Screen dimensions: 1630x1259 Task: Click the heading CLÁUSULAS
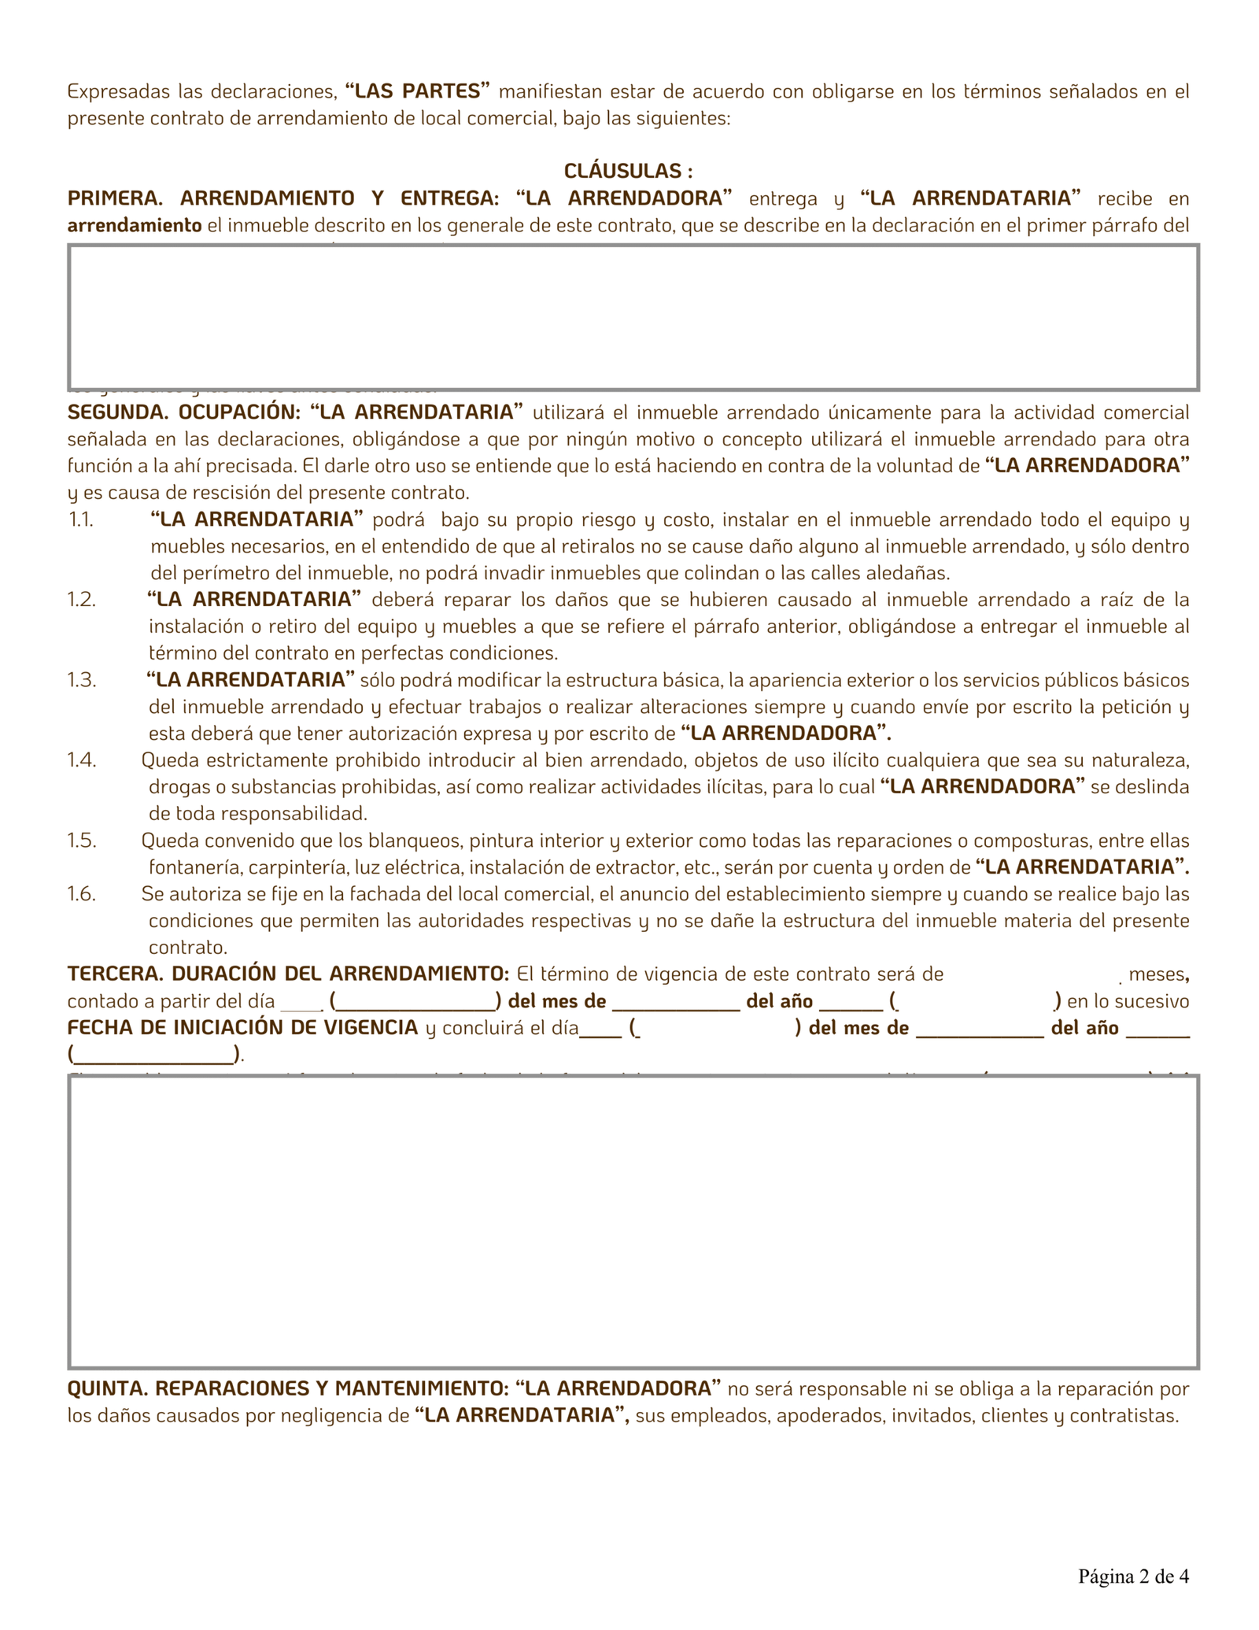[x=628, y=171]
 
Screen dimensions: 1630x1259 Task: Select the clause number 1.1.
[x=80, y=519]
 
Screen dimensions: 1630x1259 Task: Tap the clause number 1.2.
[x=81, y=600]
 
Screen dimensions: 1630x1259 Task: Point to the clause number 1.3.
[x=82, y=680]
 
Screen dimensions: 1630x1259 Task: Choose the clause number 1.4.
[x=82, y=760]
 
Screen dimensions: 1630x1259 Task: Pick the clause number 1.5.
[x=82, y=841]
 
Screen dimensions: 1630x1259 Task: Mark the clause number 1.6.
[x=82, y=894]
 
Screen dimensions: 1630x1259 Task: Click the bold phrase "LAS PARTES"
[x=418, y=91]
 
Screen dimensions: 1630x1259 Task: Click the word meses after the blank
[x=1157, y=974]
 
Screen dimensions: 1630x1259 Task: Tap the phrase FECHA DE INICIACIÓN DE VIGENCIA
[x=242, y=1028]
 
